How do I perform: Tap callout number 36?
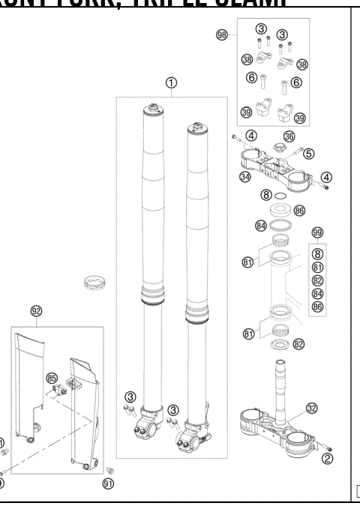click(x=289, y=137)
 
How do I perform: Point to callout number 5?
click(x=309, y=154)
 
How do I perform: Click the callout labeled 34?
click(x=244, y=177)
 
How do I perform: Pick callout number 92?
click(x=36, y=310)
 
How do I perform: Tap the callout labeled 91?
click(x=108, y=484)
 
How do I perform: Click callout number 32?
click(x=310, y=409)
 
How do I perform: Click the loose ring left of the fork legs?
click(x=96, y=284)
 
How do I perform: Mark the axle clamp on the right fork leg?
click(x=193, y=439)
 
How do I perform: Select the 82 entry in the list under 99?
click(x=317, y=280)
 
